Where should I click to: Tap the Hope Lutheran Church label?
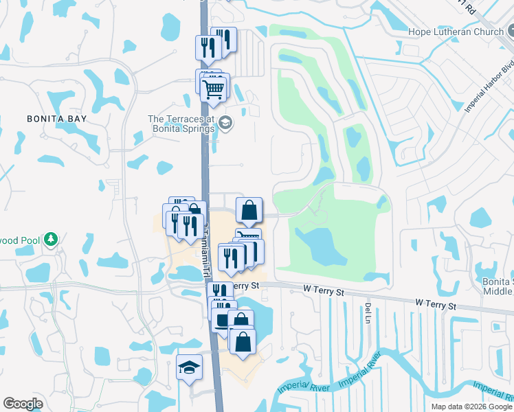coord(456,32)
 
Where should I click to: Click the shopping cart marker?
coord(214,88)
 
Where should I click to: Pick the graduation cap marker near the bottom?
coord(189,367)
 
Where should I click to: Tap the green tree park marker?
coord(49,240)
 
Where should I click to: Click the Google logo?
coord(23,404)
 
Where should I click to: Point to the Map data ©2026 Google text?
coord(471,407)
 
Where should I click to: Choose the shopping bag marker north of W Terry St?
coord(249,210)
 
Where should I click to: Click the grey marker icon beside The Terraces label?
coord(226,124)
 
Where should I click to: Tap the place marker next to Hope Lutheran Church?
coord(513,32)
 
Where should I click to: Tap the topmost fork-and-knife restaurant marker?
coord(225,39)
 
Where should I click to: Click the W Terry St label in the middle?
coord(324,292)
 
